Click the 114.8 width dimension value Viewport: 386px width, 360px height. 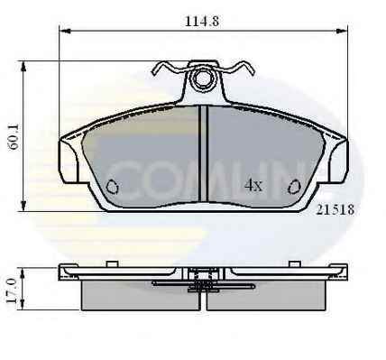(x=202, y=22)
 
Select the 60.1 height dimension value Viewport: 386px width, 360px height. (x=14, y=137)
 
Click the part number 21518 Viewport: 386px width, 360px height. (x=335, y=209)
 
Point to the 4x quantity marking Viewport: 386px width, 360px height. (x=253, y=186)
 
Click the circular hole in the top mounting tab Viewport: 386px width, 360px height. (x=203, y=78)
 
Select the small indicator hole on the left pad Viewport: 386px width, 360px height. (x=113, y=187)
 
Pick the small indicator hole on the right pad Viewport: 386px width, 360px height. (x=294, y=187)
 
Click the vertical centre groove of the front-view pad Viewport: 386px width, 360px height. (x=203, y=153)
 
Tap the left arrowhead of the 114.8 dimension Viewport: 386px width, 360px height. (x=65, y=31)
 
